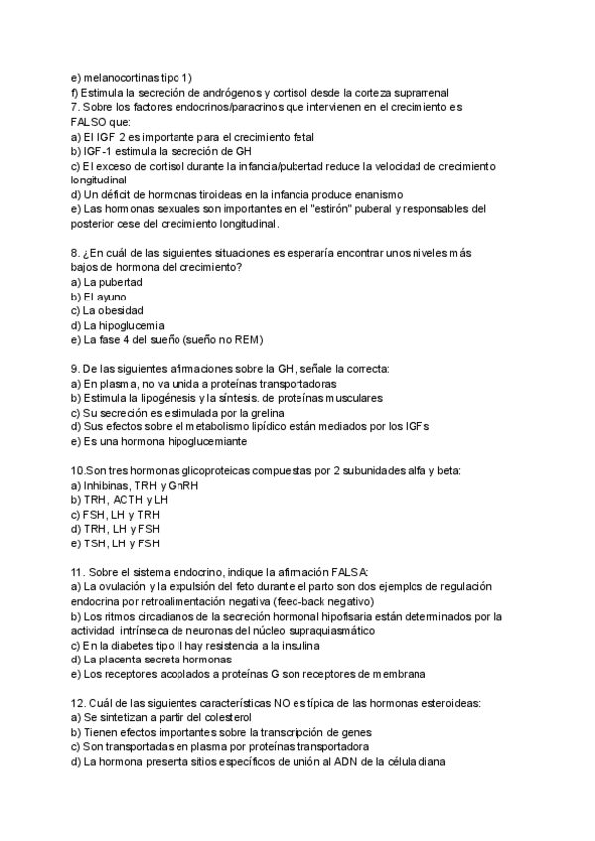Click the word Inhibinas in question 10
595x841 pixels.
(x=108, y=485)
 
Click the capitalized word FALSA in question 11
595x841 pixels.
(x=342, y=572)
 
